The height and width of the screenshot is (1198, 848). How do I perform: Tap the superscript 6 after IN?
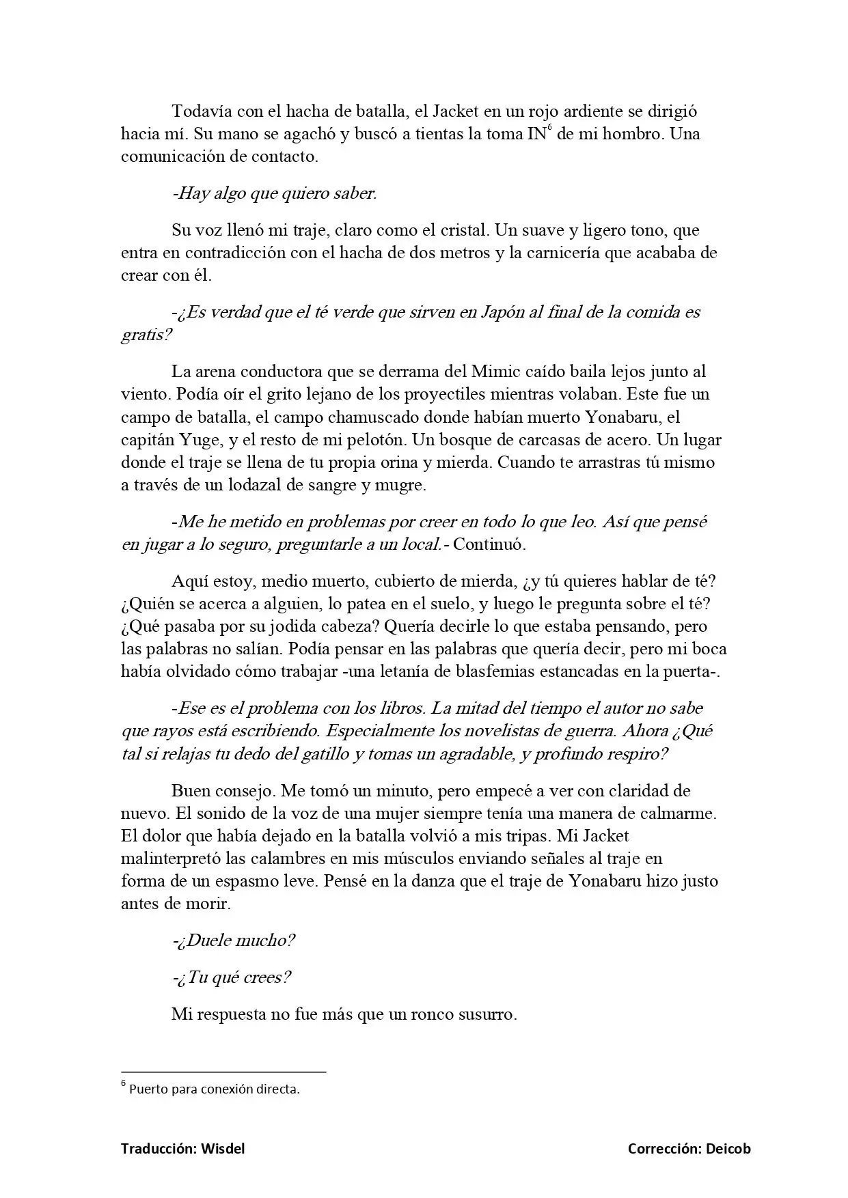click(x=549, y=128)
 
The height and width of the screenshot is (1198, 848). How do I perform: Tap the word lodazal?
click(x=263, y=486)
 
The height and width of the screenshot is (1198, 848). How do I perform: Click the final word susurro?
click(x=486, y=1014)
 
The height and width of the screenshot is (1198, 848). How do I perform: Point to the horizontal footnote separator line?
click(x=223, y=1072)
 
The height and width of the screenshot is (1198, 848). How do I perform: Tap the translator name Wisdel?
click(x=222, y=1149)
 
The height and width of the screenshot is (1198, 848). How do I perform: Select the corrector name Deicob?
click(x=728, y=1149)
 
